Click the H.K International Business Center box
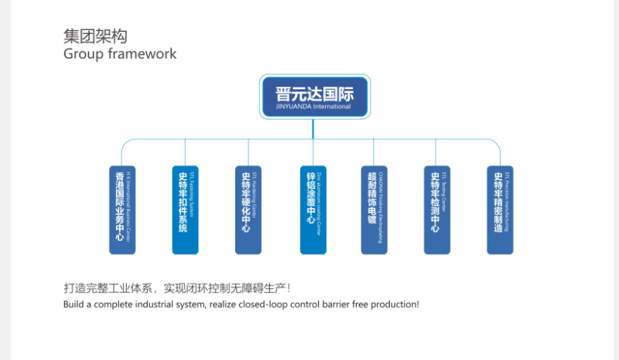click(122, 210)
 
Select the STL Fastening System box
click(185, 210)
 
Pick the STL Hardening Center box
click(248, 210)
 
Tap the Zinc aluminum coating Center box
click(313, 210)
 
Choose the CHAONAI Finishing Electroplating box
click(374, 210)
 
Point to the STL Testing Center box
click(437, 210)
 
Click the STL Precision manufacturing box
click(500, 210)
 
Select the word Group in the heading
click(82, 54)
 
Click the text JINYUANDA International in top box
click(313, 107)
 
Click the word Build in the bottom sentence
click(74, 304)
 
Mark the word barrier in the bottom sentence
click(334, 304)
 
